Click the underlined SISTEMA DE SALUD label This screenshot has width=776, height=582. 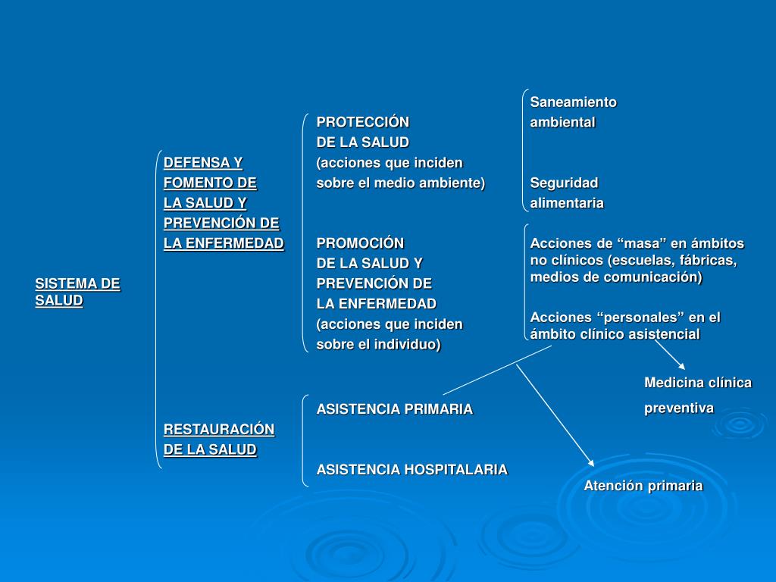coord(77,292)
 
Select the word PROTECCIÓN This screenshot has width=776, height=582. coord(362,122)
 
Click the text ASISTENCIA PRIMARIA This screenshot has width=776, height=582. coord(394,409)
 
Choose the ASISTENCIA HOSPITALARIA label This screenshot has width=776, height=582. coord(411,470)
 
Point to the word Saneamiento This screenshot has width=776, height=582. coord(573,102)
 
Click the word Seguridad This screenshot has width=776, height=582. coord(564,183)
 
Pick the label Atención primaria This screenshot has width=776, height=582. coord(643,486)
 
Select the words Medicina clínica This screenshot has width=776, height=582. coord(698,383)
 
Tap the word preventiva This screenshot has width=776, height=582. coord(679,408)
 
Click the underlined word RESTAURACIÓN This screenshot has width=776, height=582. coord(219,430)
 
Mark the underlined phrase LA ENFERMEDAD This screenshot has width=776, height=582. coord(224,243)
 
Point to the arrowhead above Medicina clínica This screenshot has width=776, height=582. coord(681,366)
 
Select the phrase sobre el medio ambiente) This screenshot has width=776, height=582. coord(400,183)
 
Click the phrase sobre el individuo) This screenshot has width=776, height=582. coord(378,344)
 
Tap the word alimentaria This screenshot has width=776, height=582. coord(567,203)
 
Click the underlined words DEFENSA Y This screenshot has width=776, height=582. coord(203,162)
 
